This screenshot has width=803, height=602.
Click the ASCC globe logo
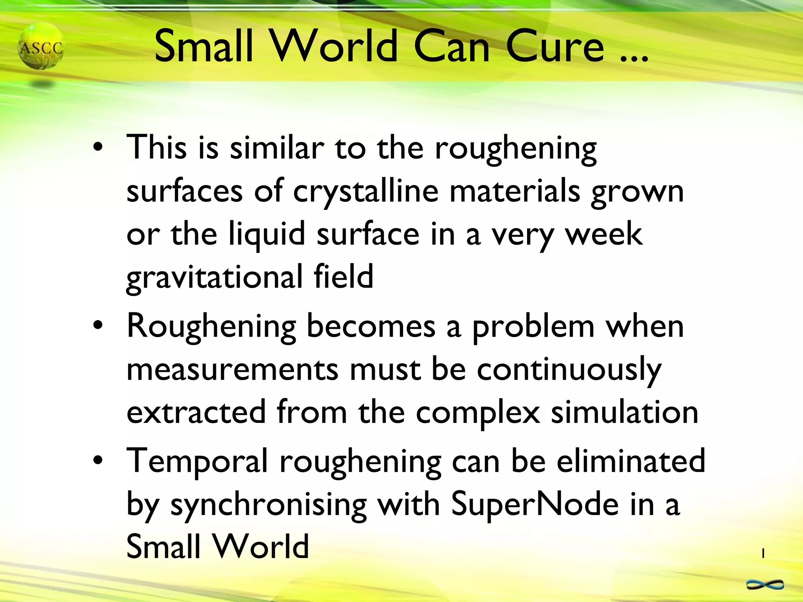[x=41, y=47]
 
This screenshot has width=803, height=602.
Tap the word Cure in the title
[x=555, y=47]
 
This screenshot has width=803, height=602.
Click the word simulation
[x=625, y=412]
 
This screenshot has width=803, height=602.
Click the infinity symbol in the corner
[x=765, y=585]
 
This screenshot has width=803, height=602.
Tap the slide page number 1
[x=763, y=553]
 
